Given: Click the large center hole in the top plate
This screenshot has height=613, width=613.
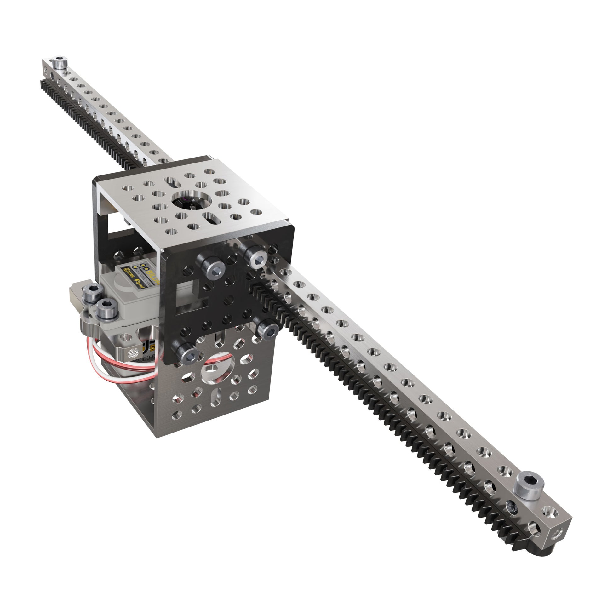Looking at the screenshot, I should [x=191, y=201].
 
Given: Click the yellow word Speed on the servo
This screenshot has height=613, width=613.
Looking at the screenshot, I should [x=139, y=284].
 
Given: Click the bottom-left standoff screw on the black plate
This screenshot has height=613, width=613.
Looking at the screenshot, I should [x=185, y=352].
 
